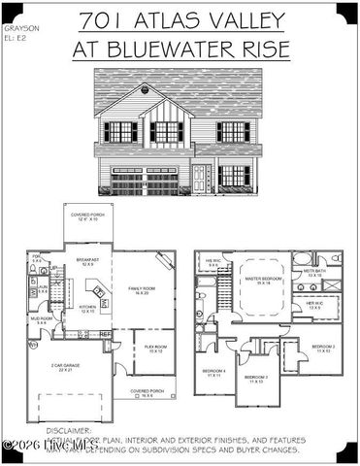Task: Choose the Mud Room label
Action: (40, 319)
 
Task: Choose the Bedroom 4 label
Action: (213, 374)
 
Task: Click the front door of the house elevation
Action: (200, 177)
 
